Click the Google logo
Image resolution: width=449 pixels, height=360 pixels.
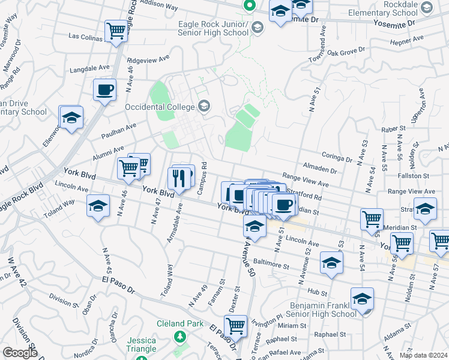point(20,353)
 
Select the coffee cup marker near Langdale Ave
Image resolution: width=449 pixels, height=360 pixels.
point(104,90)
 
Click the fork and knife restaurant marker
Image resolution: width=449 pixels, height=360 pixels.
point(178,177)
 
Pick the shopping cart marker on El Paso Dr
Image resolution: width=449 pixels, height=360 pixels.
point(236,326)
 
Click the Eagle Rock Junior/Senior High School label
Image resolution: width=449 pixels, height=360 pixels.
point(213,28)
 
